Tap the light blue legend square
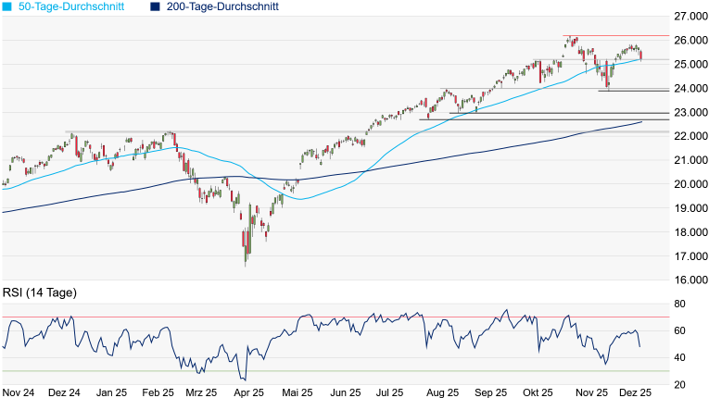pos(7,6)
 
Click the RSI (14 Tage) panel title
pos(39,292)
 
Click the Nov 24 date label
pos(19,392)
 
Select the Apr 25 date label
pos(246,392)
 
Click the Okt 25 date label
pos(537,392)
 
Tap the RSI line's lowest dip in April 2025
pos(244,379)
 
